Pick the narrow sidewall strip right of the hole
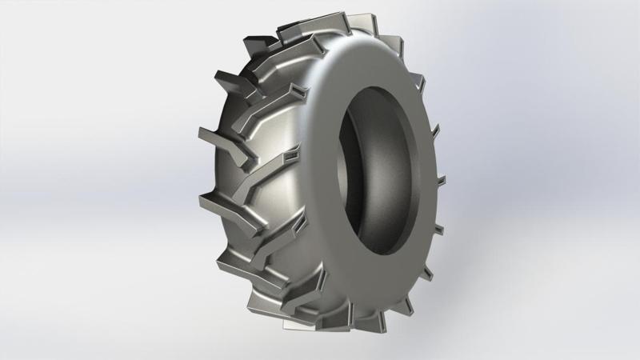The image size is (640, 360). point(424,172)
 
